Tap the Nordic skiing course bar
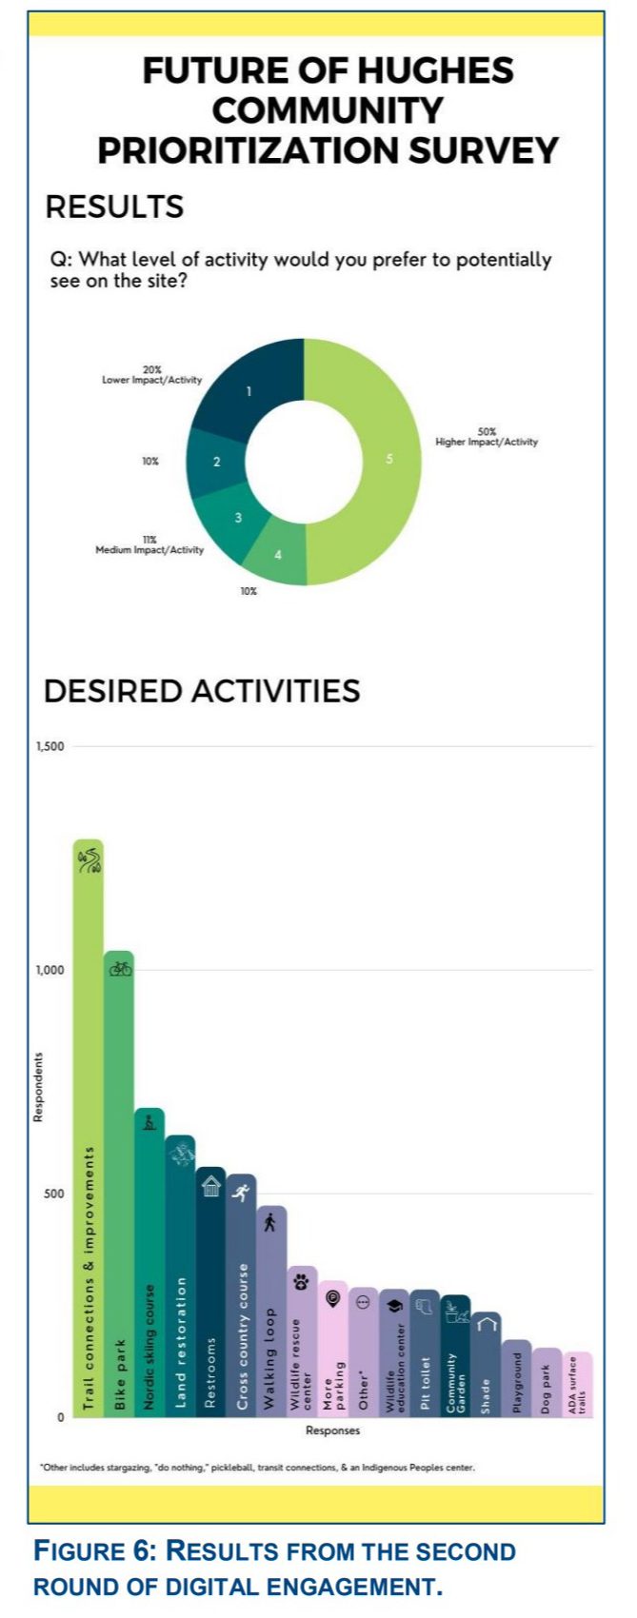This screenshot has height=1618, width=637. [149, 1266]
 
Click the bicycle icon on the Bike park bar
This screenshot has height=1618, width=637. [120, 969]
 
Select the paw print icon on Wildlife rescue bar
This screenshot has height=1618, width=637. [302, 1282]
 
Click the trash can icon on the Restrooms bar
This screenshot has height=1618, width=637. [210, 1186]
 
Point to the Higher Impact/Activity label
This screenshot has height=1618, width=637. [487, 442]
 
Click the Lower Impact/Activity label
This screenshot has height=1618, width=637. [152, 380]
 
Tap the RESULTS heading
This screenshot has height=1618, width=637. [114, 207]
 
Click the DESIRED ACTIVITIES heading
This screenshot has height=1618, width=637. [202, 690]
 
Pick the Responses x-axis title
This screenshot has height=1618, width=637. [332, 1430]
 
